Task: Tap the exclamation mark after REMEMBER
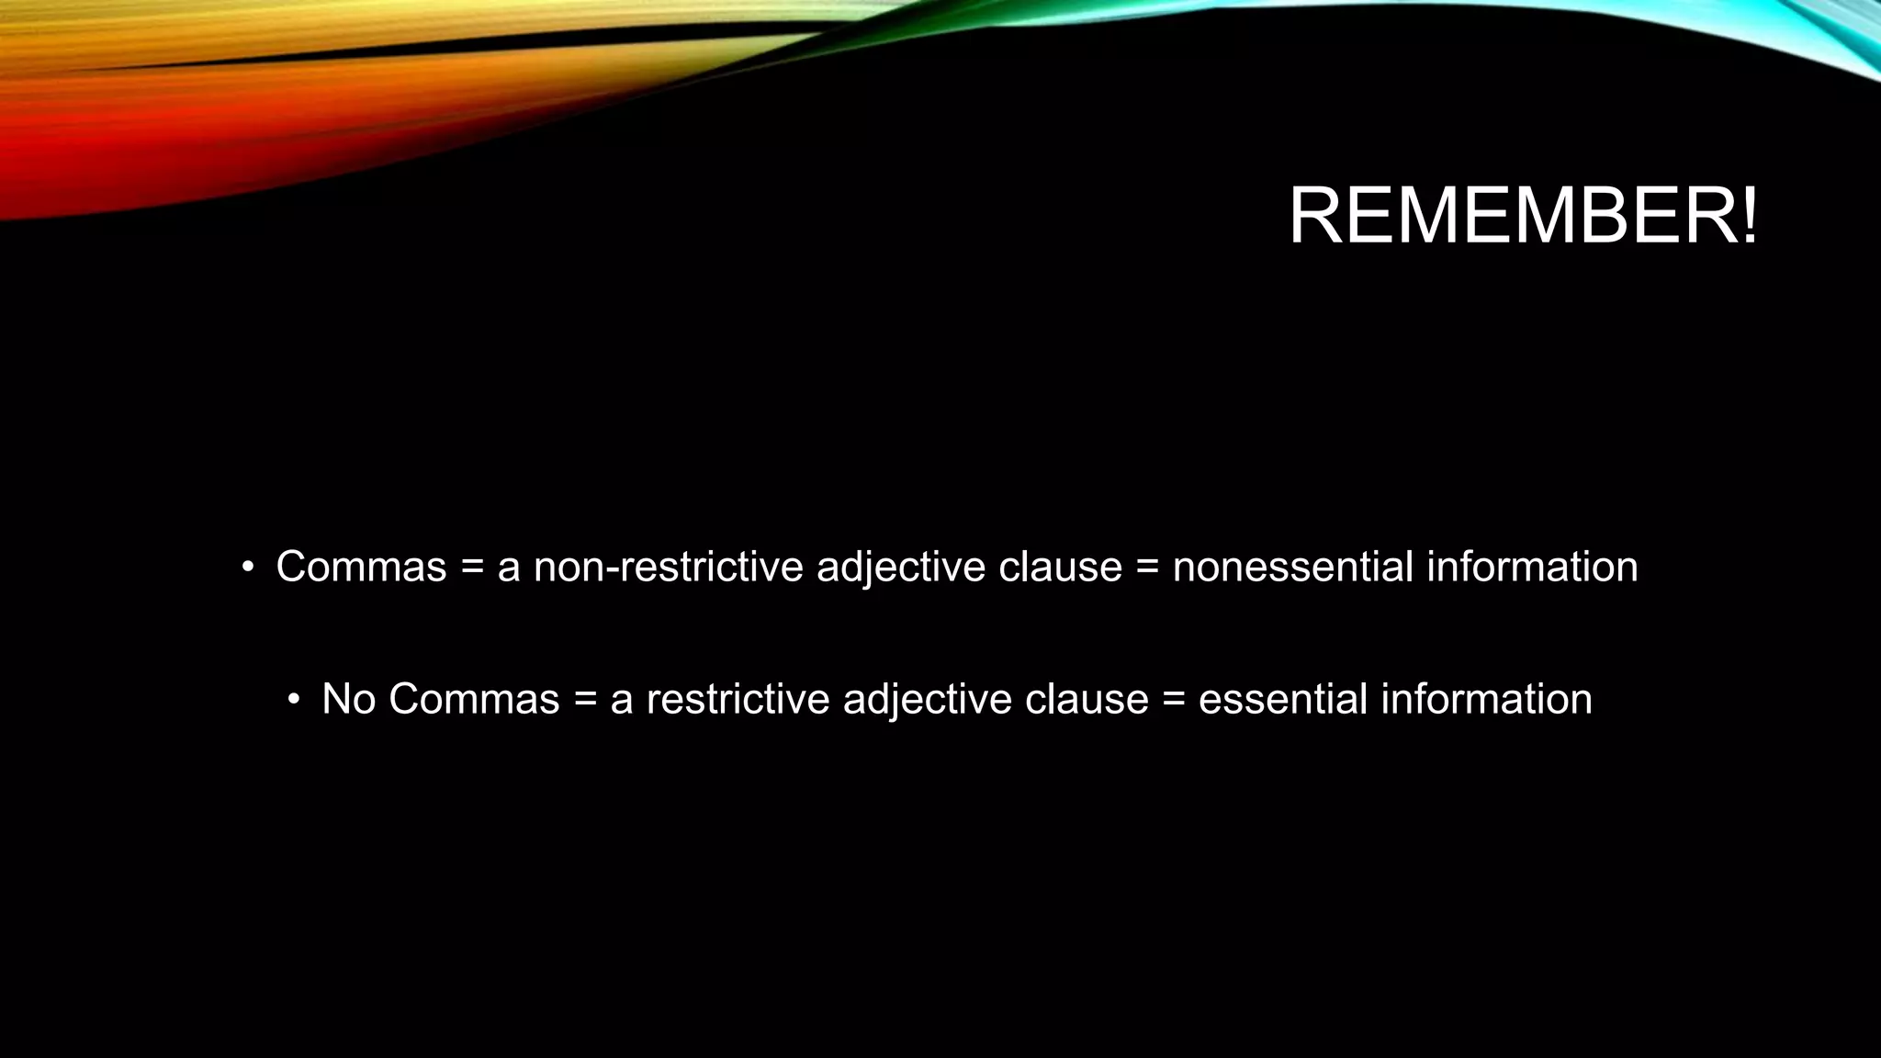click(x=1749, y=218)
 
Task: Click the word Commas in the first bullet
click(x=361, y=567)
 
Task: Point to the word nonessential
click(x=1292, y=567)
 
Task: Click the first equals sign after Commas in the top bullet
click(x=472, y=568)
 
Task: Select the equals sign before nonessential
click(x=1147, y=568)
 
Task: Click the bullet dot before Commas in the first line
click(x=246, y=568)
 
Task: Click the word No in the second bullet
click(x=348, y=700)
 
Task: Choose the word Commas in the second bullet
click(x=474, y=700)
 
